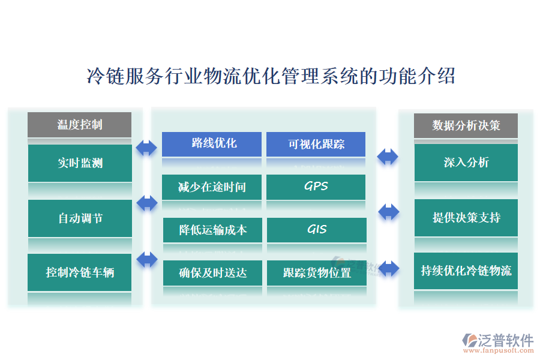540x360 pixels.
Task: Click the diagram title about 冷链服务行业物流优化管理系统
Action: (271, 77)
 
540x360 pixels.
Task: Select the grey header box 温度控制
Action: (79, 124)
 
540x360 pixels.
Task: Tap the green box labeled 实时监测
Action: (80, 163)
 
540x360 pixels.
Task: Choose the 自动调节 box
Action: (80, 218)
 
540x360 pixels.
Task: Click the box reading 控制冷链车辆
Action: (80, 272)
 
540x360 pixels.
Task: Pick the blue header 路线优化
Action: (212, 143)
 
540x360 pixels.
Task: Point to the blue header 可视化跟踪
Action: (316, 144)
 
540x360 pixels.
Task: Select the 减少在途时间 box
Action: (212, 187)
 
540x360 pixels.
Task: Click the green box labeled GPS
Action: (316, 187)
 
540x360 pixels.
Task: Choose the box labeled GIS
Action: (316, 229)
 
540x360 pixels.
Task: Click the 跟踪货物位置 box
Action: (316, 273)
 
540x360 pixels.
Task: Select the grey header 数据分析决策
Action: (466, 125)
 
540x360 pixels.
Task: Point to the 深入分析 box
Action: (466, 162)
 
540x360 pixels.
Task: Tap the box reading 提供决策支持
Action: (466, 217)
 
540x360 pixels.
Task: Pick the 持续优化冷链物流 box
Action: (466, 271)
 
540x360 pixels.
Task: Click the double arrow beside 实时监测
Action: (146, 148)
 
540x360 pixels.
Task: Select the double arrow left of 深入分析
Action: (388, 157)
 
